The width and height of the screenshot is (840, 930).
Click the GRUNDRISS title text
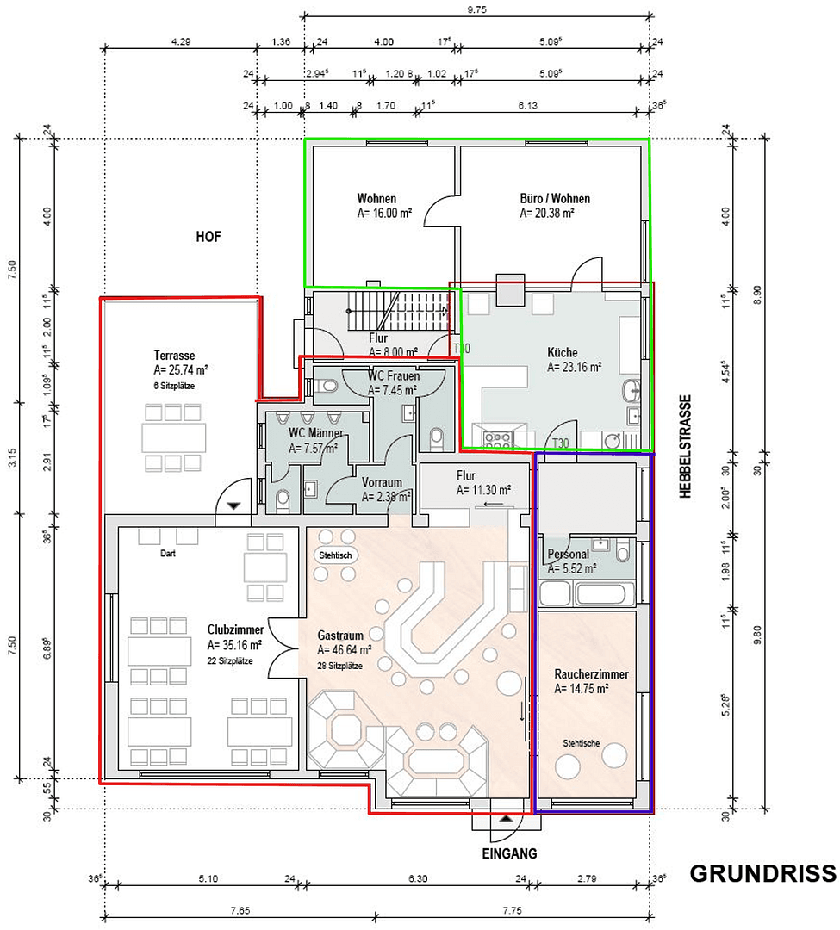point(762,874)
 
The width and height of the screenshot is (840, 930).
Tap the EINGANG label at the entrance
point(508,853)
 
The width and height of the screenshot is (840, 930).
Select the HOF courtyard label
point(208,237)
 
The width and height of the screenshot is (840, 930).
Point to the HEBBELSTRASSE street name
point(685,447)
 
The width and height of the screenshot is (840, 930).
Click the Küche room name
point(562,352)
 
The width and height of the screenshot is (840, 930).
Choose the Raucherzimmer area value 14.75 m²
point(582,689)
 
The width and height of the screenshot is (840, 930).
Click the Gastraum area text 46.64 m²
point(345,650)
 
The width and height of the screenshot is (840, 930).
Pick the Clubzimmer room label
point(235,629)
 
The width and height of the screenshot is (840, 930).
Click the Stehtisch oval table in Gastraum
point(335,555)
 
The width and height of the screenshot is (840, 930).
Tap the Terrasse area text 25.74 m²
point(180,370)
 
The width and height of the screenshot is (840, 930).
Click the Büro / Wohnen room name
point(555,199)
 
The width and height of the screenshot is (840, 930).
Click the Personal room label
point(568,555)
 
